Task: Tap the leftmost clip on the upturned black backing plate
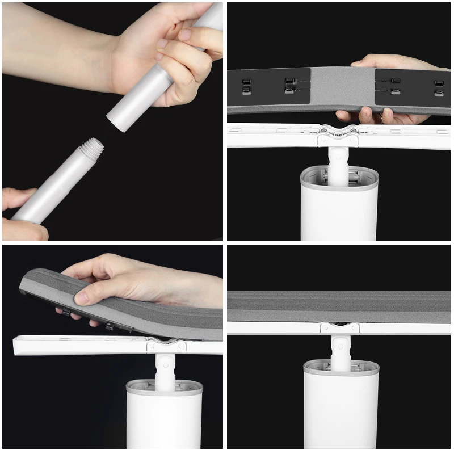246,85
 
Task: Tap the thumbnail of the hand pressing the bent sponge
83,297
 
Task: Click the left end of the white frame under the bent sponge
20,344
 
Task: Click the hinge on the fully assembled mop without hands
339,328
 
